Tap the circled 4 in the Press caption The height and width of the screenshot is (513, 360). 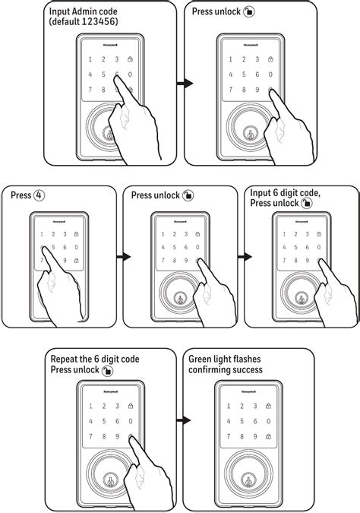tap(38, 195)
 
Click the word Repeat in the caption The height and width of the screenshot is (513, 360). tap(65, 359)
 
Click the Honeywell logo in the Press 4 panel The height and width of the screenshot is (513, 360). tap(58, 222)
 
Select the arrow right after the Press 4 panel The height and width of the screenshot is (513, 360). tap(117, 256)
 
